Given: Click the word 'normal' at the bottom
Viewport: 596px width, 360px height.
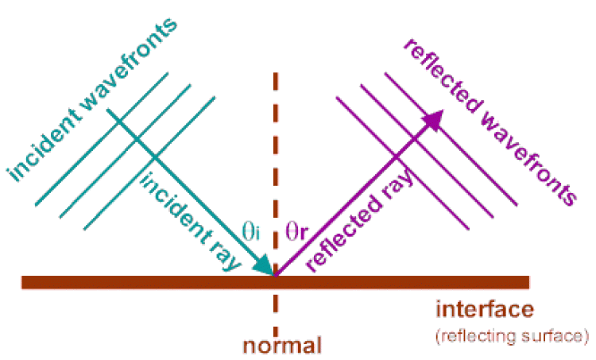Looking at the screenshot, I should click(x=282, y=346).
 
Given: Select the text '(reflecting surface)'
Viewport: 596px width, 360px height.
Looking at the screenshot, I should click(x=511, y=336).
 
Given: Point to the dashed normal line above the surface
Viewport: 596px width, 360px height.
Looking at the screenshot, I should click(x=276, y=159).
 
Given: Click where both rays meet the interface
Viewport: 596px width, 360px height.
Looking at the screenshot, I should click(x=275, y=275).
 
